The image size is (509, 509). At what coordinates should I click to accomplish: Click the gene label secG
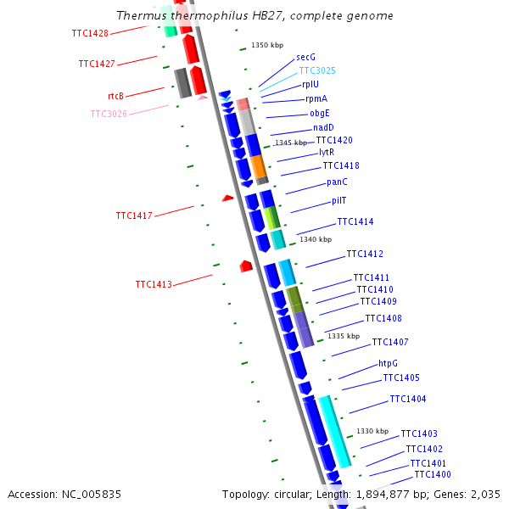tap(306, 57)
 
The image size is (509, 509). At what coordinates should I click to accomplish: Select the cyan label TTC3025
tap(317, 70)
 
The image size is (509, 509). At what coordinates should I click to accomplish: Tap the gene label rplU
tap(310, 84)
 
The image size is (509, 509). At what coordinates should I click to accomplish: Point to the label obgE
tap(320, 113)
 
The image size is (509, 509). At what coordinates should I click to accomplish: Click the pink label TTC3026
tap(109, 114)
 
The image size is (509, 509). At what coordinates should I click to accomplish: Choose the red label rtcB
tap(116, 96)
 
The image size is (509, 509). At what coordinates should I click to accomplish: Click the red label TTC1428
tap(90, 33)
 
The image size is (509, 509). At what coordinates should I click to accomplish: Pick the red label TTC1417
tap(134, 215)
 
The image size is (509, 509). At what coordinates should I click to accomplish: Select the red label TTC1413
tap(154, 284)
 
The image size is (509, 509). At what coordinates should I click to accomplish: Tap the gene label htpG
tap(389, 363)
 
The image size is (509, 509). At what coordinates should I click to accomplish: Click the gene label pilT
tap(339, 201)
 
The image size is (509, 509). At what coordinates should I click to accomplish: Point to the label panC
tap(337, 182)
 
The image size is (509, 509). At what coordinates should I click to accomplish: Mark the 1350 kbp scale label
tap(267, 45)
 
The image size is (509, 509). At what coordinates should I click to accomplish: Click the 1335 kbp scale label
tap(344, 336)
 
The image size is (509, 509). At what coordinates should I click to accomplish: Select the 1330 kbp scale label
tap(372, 431)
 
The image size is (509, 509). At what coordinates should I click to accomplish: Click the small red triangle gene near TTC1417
tap(227, 198)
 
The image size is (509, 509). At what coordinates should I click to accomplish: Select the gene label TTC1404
tap(408, 399)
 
